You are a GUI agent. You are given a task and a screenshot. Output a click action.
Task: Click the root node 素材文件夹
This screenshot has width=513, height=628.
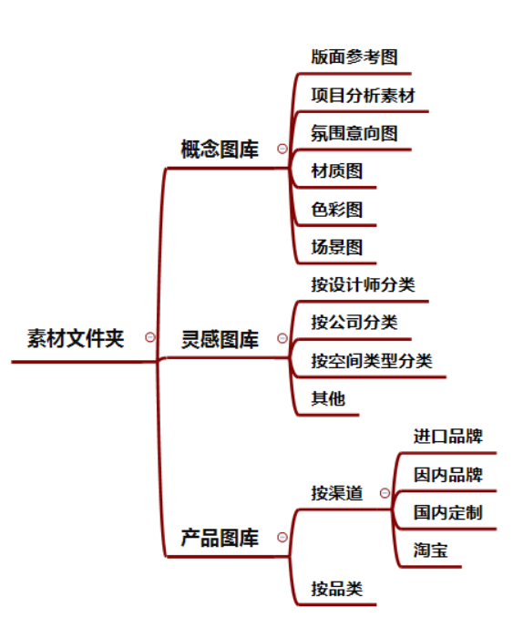pyautogui.click(x=76, y=338)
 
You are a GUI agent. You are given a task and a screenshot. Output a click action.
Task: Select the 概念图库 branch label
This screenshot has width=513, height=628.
pyautogui.click(x=220, y=149)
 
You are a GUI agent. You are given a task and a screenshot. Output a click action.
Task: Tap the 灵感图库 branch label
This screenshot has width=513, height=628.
pyautogui.click(x=220, y=340)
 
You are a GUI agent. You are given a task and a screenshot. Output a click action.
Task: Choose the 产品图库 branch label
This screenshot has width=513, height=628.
pyautogui.click(x=220, y=538)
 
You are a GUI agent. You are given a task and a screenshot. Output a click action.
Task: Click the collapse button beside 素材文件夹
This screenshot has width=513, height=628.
pyautogui.click(x=150, y=337)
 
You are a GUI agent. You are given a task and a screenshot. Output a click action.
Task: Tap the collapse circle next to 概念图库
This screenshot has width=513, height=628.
pyautogui.click(x=282, y=149)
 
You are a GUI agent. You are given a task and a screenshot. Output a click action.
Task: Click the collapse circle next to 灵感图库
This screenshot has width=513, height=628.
pyautogui.click(x=282, y=338)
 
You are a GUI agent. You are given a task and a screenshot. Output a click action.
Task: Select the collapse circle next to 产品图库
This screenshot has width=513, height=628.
pyautogui.click(x=282, y=537)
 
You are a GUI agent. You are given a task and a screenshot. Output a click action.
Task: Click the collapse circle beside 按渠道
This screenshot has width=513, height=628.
pyautogui.click(x=385, y=492)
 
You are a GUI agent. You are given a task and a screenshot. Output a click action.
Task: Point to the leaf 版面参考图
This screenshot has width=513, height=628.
pyautogui.click(x=354, y=57)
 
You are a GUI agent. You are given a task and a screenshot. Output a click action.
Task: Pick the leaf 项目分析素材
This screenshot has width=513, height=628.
pyautogui.click(x=364, y=96)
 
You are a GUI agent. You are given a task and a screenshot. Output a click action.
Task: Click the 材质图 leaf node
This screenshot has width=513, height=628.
pyautogui.click(x=337, y=171)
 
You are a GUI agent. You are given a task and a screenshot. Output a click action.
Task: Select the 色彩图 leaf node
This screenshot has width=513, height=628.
pyautogui.click(x=337, y=210)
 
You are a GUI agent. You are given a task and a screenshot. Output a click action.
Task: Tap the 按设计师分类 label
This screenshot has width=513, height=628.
pyautogui.click(x=364, y=284)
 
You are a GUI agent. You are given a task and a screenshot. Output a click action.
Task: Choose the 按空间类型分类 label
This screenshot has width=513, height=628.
pyautogui.click(x=372, y=361)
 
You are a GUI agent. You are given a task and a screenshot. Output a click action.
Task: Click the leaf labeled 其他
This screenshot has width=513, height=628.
pyautogui.click(x=328, y=398)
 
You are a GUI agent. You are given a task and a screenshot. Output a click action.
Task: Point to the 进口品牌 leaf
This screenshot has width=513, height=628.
pyautogui.click(x=448, y=437)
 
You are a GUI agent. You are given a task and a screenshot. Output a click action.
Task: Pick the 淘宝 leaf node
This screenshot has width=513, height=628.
pyautogui.click(x=430, y=550)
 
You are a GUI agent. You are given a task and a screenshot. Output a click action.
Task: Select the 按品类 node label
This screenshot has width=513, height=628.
pyautogui.click(x=337, y=589)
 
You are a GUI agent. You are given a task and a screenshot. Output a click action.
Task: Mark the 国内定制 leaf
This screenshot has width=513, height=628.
pyautogui.click(x=448, y=512)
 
